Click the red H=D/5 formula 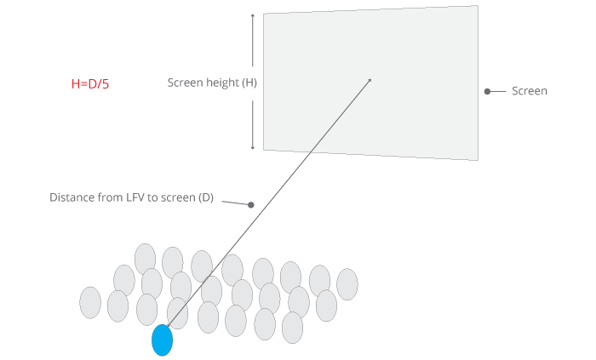tap(90, 84)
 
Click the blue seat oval tap(162, 340)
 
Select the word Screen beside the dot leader tap(529, 91)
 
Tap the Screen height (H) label tap(212, 83)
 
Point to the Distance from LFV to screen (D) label tap(131, 197)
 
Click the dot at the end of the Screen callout tap(487, 91)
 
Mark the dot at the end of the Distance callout tap(251, 204)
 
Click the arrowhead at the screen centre tap(370, 81)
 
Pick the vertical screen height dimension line tap(253, 82)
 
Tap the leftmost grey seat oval tap(90, 302)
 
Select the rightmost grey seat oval tap(347, 284)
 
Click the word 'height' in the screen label tap(222, 83)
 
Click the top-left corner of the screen tap(264, 15)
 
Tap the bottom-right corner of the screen tap(477, 159)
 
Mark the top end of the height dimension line tap(253, 14)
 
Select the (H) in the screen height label tap(249, 83)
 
